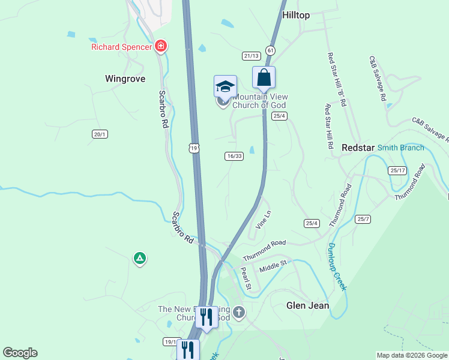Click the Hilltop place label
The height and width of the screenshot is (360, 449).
click(x=295, y=15)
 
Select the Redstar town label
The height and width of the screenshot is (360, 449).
click(x=358, y=148)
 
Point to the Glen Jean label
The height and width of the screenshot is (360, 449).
click(x=307, y=305)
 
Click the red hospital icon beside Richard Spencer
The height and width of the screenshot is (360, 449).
click(x=160, y=46)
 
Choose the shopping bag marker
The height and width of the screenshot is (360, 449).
click(x=264, y=77)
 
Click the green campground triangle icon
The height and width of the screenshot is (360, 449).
click(x=139, y=259)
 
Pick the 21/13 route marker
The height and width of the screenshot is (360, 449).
click(x=251, y=56)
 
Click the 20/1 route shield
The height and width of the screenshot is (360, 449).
click(x=100, y=134)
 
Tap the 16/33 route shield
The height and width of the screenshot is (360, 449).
click(x=234, y=156)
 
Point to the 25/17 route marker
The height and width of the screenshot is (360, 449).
click(x=397, y=170)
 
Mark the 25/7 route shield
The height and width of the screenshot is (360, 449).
click(x=363, y=219)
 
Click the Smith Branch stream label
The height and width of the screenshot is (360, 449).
click(x=401, y=148)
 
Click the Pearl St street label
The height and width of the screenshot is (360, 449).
click(x=245, y=277)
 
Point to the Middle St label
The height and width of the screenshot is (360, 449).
click(x=274, y=266)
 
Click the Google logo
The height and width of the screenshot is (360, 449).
click(x=20, y=353)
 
